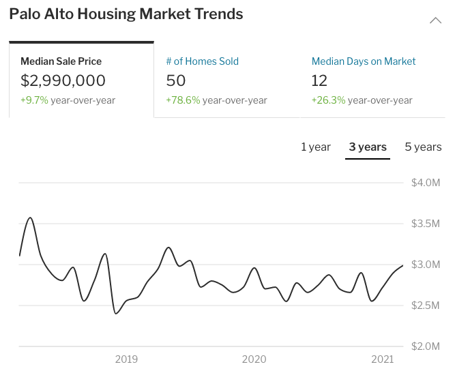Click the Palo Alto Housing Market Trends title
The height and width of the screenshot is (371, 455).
coord(126,14)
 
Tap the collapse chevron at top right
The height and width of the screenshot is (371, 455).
coord(435,20)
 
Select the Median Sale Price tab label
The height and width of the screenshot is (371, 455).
coord(61,61)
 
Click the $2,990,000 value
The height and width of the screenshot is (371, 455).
coord(63,80)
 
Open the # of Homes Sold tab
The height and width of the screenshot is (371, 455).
coord(203,61)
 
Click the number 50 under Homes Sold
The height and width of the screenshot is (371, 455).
coord(176,80)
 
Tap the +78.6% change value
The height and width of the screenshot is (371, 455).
coord(183,100)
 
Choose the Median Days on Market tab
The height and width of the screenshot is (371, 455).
coord(364,61)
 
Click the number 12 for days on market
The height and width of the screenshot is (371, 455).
coord(320,80)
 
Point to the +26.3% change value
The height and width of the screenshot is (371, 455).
coord(328,100)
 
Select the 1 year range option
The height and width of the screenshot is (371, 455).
coord(316,147)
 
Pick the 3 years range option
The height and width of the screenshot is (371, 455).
coord(368,147)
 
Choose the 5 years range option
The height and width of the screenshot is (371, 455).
coord(423,147)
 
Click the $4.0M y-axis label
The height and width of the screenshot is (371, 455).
coord(426,183)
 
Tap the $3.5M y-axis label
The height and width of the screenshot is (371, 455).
coord(426,224)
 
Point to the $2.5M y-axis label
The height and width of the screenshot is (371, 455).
coord(426,305)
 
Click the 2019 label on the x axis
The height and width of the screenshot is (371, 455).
coord(126,359)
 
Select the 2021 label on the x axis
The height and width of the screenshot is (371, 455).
coord(383,359)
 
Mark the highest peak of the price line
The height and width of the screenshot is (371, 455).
coord(30,218)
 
